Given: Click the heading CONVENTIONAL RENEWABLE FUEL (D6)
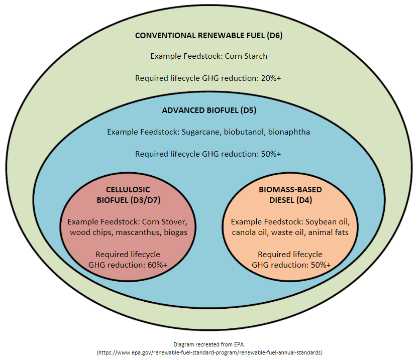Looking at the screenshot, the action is pyautogui.click(x=208, y=36).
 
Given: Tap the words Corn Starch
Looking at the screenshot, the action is pyautogui.click(x=246, y=56).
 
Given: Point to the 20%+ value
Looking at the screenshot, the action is pyautogui.click(x=271, y=78).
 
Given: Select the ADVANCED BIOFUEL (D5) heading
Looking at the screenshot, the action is pyautogui.click(x=209, y=110).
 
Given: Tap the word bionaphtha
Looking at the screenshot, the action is pyautogui.click(x=289, y=132).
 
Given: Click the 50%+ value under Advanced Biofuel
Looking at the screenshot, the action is pyautogui.click(x=271, y=154).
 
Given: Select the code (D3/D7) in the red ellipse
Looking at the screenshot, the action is pyautogui.click(x=145, y=200).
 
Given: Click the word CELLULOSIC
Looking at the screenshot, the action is pyautogui.click(x=128, y=190).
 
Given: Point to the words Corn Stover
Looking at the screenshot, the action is pyautogui.click(x=165, y=222).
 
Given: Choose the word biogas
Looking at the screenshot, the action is pyautogui.click(x=175, y=232).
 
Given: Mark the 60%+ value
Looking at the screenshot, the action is pyautogui.click(x=157, y=265).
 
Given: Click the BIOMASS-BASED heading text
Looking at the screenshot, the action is pyautogui.click(x=290, y=190).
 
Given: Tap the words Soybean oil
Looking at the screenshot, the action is pyautogui.click(x=328, y=222).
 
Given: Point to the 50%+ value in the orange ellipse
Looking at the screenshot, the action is pyautogui.click(x=321, y=265).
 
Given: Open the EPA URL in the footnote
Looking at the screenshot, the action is pyautogui.click(x=209, y=352).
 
